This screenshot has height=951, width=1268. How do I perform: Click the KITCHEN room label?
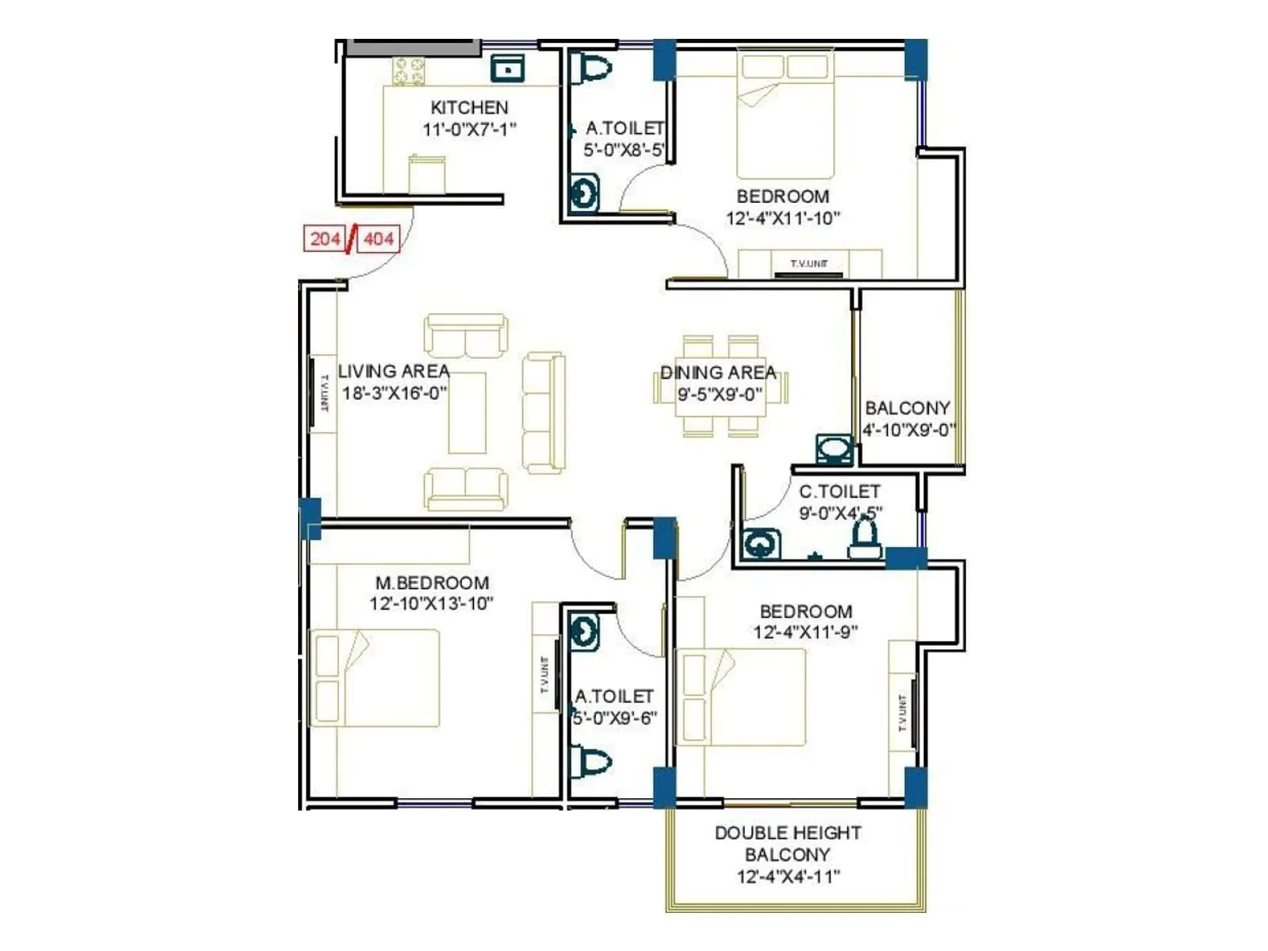click(x=469, y=107)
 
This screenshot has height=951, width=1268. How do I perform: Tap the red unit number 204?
click(x=325, y=239)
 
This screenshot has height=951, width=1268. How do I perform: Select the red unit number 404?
click(x=379, y=239)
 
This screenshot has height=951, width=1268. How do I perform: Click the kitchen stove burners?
click(x=410, y=71)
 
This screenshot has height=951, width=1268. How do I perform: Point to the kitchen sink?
click(x=507, y=69)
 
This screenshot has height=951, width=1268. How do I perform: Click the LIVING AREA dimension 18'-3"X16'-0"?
click(x=394, y=393)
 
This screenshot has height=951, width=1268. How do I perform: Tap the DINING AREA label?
click(x=718, y=372)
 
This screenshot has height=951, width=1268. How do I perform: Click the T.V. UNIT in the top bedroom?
click(x=809, y=265)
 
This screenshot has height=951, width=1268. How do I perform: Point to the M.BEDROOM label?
click(x=432, y=582)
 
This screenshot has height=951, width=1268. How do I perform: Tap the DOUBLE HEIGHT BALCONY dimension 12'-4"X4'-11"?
click(x=788, y=877)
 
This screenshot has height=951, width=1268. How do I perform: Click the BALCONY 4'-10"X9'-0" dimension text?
click(x=909, y=430)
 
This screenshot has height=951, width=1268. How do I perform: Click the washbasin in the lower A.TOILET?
click(x=584, y=632)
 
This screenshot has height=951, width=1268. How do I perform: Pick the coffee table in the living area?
click(x=467, y=413)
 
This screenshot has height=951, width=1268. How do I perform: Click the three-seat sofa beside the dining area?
click(x=544, y=413)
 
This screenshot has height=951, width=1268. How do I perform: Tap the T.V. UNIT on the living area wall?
click(x=323, y=393)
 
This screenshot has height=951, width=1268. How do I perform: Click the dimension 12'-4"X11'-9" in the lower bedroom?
click(x=805, y=632)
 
